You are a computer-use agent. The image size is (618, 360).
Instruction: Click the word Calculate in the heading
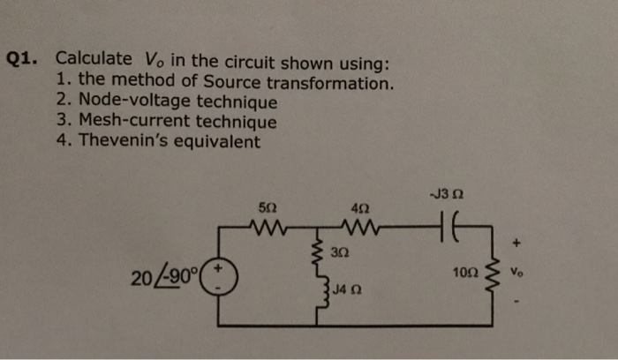pos(91,59)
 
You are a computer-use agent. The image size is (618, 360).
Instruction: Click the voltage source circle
pos(219,281)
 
